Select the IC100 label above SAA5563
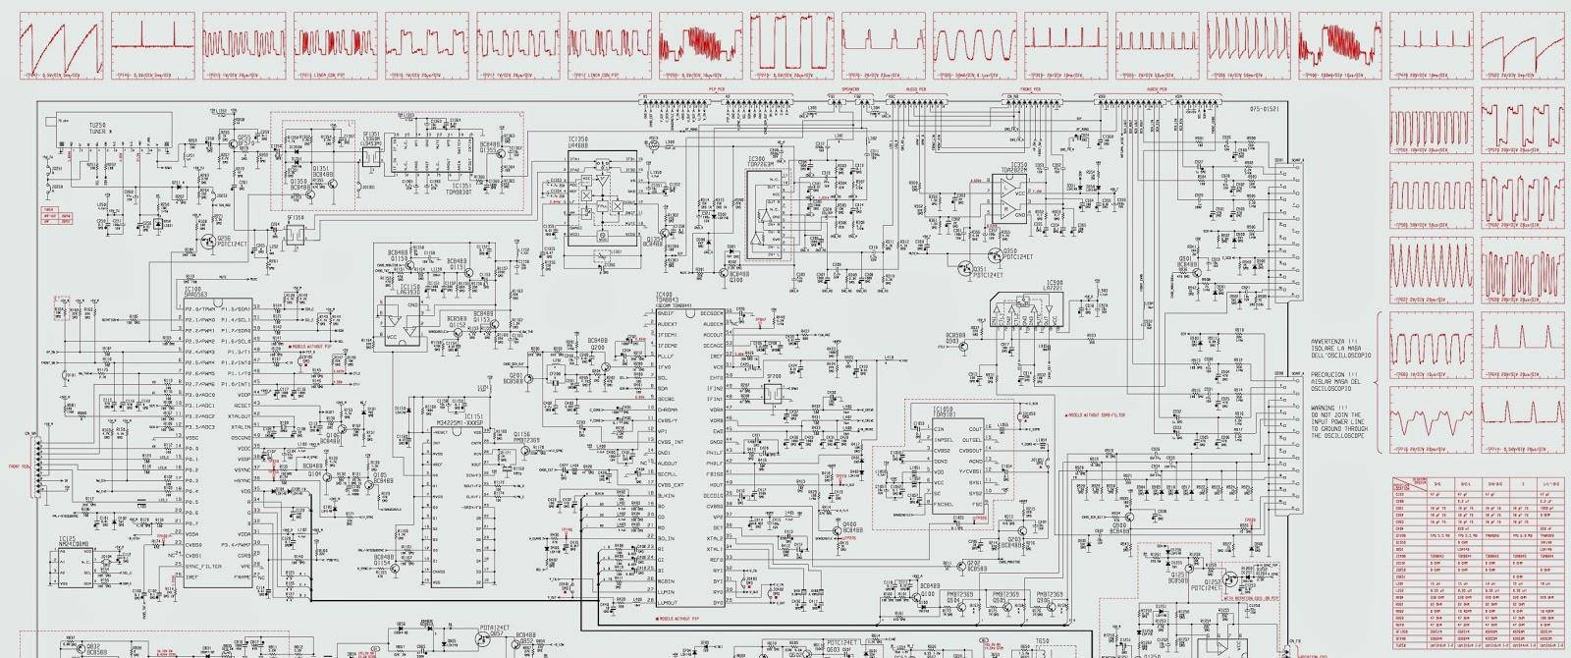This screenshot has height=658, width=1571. [x=192, y=289]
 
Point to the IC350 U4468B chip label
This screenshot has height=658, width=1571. [x=578, y=139]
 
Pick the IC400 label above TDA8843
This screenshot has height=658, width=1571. [x=665, y=294]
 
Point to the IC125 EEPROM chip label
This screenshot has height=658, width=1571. [x=67, y=538]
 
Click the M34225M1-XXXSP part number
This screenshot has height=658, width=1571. [x=458, y=422]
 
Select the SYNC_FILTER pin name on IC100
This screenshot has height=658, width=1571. [x=204, y=567]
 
